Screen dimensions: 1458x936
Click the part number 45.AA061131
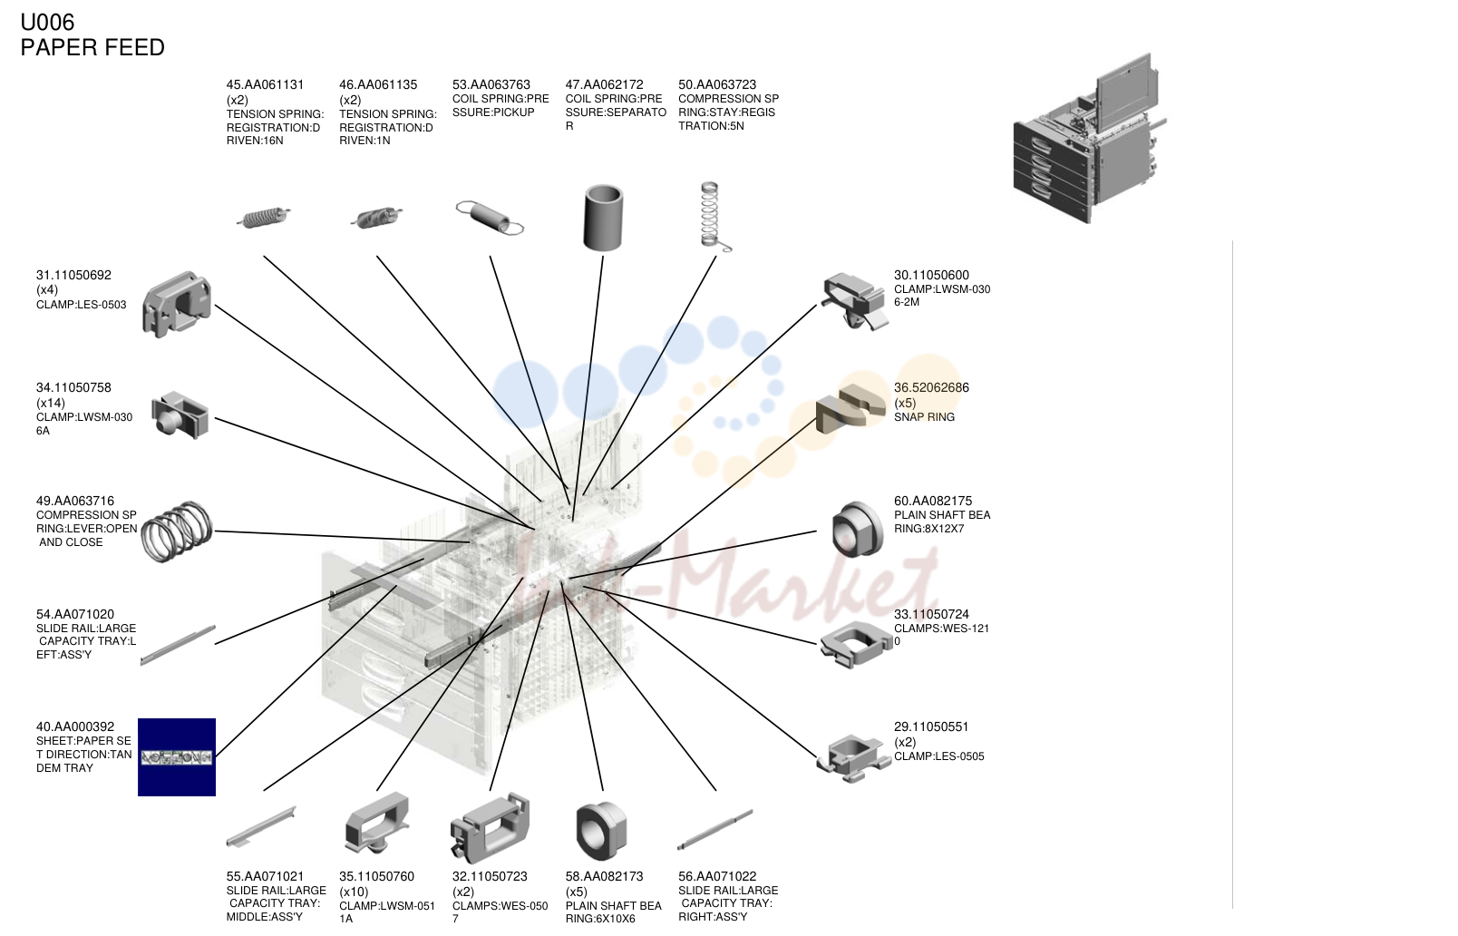pyautogui.click(x=265, y=84)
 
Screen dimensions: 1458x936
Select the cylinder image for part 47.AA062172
pyautogui.click(x=603, y=218)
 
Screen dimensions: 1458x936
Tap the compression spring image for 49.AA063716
pyautogui.click(x=177, y=531)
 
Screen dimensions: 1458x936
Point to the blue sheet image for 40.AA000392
pyautogui.click(x=177, y=757)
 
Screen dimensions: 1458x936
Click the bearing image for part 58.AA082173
pyautogui.click(x=601, y=831)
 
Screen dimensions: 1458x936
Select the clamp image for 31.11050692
pyautogui.click(x=177, y=304)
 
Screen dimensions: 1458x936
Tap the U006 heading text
pyautogui.click(x=47, y=23)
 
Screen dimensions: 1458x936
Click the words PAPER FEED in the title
pyautogui.click(x=92, y=47)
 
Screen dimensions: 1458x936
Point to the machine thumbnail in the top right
pyautogui.click(x=1090, y=138)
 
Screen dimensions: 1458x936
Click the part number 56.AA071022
pyautogui.click(x=717, y=877)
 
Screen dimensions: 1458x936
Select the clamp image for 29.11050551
pyautogui.click(x=854, y=757)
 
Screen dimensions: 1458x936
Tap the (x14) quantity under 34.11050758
pyautogui.click(x=51, y=403)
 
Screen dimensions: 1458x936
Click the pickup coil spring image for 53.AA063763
pyautogui.click(x=490, y=217)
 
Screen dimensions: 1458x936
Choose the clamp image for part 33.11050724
pyautogui.click(x=855, y=644)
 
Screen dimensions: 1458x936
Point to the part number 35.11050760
pyautogui.click(x=377, y=877)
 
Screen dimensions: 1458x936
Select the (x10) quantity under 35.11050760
pyautogui.click(x=355, y=892)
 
